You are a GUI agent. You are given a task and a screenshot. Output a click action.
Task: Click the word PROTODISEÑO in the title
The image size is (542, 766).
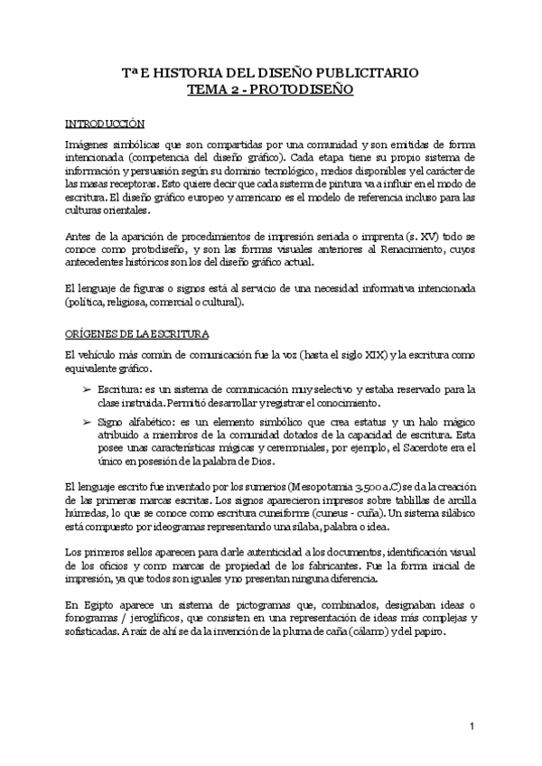[305, 90]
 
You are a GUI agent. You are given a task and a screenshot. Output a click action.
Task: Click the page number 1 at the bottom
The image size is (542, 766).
[472, 726]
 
